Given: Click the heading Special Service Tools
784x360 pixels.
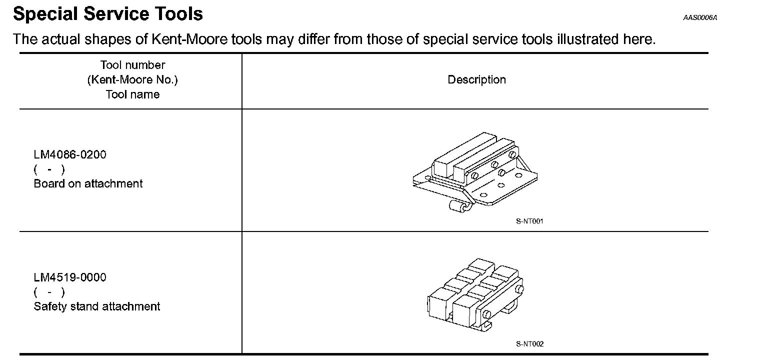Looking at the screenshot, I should pyautogui.click(x=108, y=14).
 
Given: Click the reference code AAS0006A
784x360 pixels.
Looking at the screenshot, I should pyautogui.click(x=700, y=18).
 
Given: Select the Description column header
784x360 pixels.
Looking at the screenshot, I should pyautogui.click(x=476, y=80).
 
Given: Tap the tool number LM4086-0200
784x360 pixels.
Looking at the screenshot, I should pyautogui.click(x=70, y=154).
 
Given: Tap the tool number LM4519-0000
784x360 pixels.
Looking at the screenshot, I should pyautogui.click(x=70, y=277).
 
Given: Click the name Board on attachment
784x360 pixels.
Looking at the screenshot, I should pyautogui.click(x=88, y=183).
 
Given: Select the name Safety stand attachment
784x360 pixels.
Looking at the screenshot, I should pyautogui.click(x=97, y=306).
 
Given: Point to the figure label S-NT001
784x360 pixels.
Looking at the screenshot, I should pyautogui.click(x=529, y=221).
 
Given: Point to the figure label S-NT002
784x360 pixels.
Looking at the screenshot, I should pyautogui.click(x=529, y=344).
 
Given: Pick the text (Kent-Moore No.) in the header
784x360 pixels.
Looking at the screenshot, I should pyautogui.click(x=132, y=80).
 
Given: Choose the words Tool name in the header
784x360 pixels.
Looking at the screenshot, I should pyautogui.click(x=132, y=94).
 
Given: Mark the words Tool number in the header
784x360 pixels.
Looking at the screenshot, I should pyautogui.click(x=132, y=65).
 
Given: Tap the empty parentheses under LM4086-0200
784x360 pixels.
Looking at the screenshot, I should pyautogui.click(x=49, y=169).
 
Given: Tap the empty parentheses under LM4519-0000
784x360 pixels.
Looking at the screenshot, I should pyautogui.click(x=49, y=292).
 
